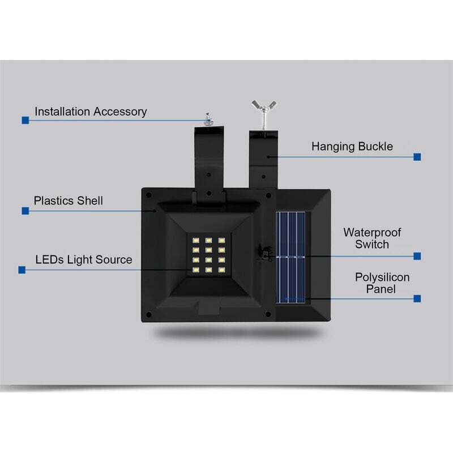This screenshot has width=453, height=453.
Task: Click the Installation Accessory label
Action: tap(91, 112)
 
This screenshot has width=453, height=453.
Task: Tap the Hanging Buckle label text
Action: tap(352, 147)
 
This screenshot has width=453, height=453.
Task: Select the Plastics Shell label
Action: tap(68, 201)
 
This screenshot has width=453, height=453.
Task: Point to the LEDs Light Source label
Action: tap(84, 260)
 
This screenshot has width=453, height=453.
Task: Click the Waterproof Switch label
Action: tap(372, 238)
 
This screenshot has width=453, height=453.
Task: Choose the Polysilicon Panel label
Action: tap(382, 283)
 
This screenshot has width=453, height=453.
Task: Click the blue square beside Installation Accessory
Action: tap(25, 120)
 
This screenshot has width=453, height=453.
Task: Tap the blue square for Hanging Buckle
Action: tap(417, 157)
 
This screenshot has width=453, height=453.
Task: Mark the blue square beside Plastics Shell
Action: tap(25, 211)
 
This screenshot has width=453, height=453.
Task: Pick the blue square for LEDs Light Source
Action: tap(22, 270)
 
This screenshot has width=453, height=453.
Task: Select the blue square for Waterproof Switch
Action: tap(417, 256)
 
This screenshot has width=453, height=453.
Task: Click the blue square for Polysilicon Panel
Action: tap(417, 298)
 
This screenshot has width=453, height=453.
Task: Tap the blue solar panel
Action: tap(290, 258)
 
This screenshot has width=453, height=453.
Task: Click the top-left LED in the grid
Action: tap(196, 240)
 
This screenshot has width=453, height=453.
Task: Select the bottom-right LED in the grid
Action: tap(221, 270)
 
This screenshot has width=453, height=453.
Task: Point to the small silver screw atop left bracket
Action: tap(208, 119)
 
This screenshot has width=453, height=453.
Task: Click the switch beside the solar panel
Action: tap(264, 253)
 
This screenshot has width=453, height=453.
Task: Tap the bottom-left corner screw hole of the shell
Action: tap(149, 315)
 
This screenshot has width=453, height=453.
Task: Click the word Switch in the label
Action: tap(372, 245)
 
